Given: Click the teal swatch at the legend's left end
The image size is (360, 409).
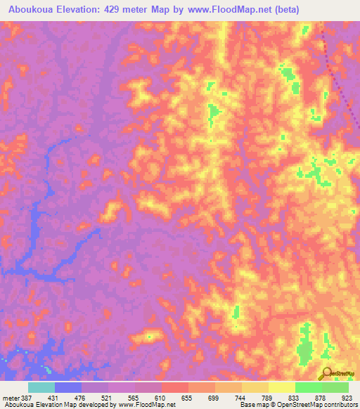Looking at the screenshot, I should point(41,388).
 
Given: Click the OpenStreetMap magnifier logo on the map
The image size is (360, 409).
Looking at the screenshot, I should point(327,372).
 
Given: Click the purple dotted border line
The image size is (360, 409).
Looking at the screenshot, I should point(338,77).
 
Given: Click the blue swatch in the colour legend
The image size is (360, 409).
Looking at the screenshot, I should point(68,388).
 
